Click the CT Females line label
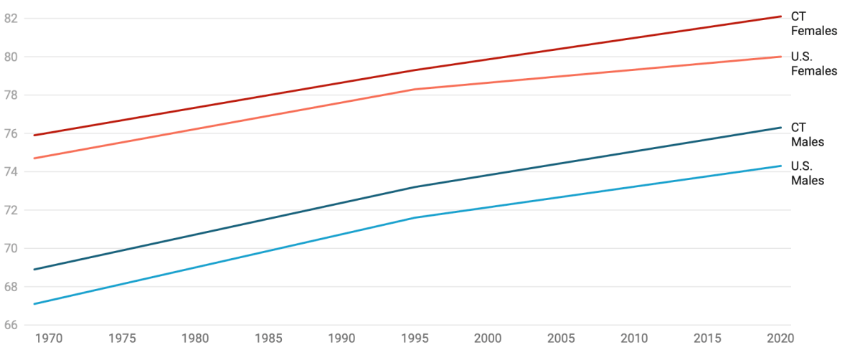(x=813, y=23)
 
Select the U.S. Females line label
(x=813, y=64)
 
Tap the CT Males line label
(x=807, y=135)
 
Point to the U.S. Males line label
(x=807, y=173)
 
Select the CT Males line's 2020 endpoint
(x=781, y=128)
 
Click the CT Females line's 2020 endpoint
(x=781, y=16)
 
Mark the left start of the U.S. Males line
(x=34, y=304)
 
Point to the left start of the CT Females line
(x=34, y=135)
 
